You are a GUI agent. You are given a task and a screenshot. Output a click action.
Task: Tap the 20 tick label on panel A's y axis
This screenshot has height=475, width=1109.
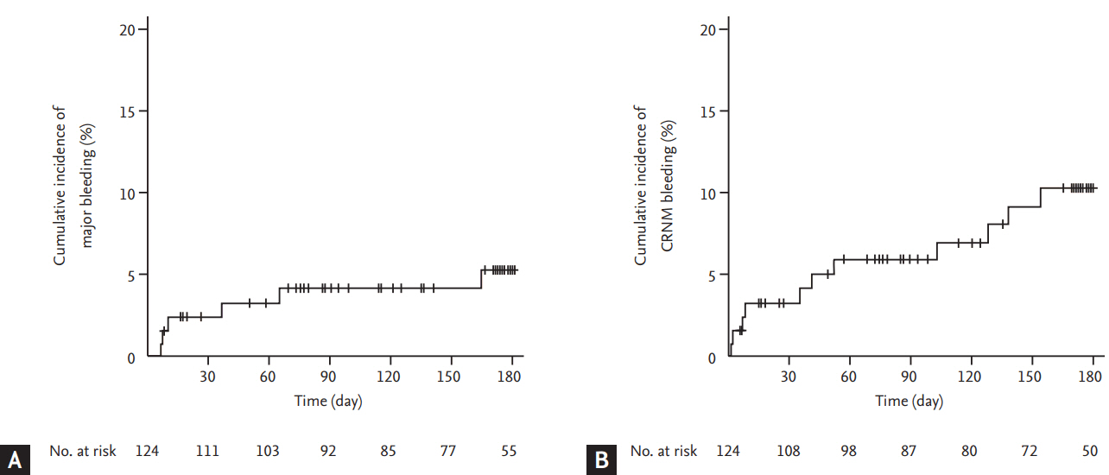tap(127, 29)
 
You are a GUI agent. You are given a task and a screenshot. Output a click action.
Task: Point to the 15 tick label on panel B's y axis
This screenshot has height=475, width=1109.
tap(708, 111)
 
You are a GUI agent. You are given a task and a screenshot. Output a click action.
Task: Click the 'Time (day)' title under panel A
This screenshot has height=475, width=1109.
tap(328, 401)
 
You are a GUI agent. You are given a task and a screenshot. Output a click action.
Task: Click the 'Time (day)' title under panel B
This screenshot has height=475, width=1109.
tap(909, 401)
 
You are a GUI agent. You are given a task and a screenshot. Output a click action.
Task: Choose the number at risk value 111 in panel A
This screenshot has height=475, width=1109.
tap(207, 451)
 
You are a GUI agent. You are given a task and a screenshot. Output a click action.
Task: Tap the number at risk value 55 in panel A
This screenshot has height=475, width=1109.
tap(510, 451)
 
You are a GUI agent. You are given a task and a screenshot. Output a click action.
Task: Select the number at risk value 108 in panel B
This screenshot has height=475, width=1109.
tap(789, 451)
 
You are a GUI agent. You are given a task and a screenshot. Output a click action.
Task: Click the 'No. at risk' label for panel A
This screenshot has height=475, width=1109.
tap(83, 451)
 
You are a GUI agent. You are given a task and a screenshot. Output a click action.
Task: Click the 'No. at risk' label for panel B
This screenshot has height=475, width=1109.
tap(663, 451)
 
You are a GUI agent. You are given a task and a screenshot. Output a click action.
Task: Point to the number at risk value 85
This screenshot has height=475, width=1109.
tap(389, 451)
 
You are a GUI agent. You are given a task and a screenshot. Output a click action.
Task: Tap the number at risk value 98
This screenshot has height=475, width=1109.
tap(849, 451)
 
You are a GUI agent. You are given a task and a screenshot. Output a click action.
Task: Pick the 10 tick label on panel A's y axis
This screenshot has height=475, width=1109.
tap(127, 193)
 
